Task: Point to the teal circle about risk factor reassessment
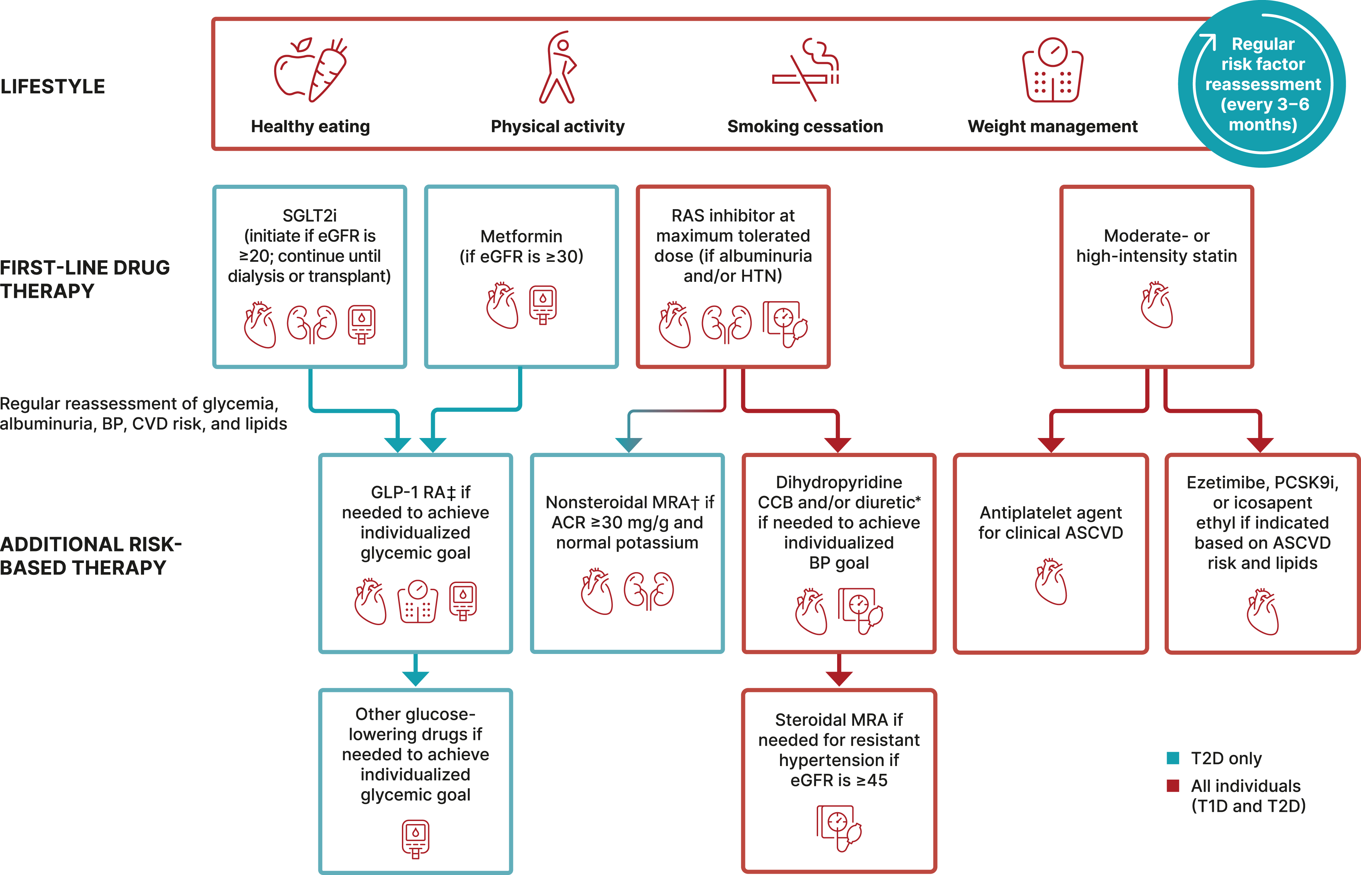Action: [1262, 84]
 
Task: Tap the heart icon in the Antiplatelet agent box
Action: [1050, 582]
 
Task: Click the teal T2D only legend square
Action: [1173, 758]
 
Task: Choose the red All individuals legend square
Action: [1173, 786]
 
